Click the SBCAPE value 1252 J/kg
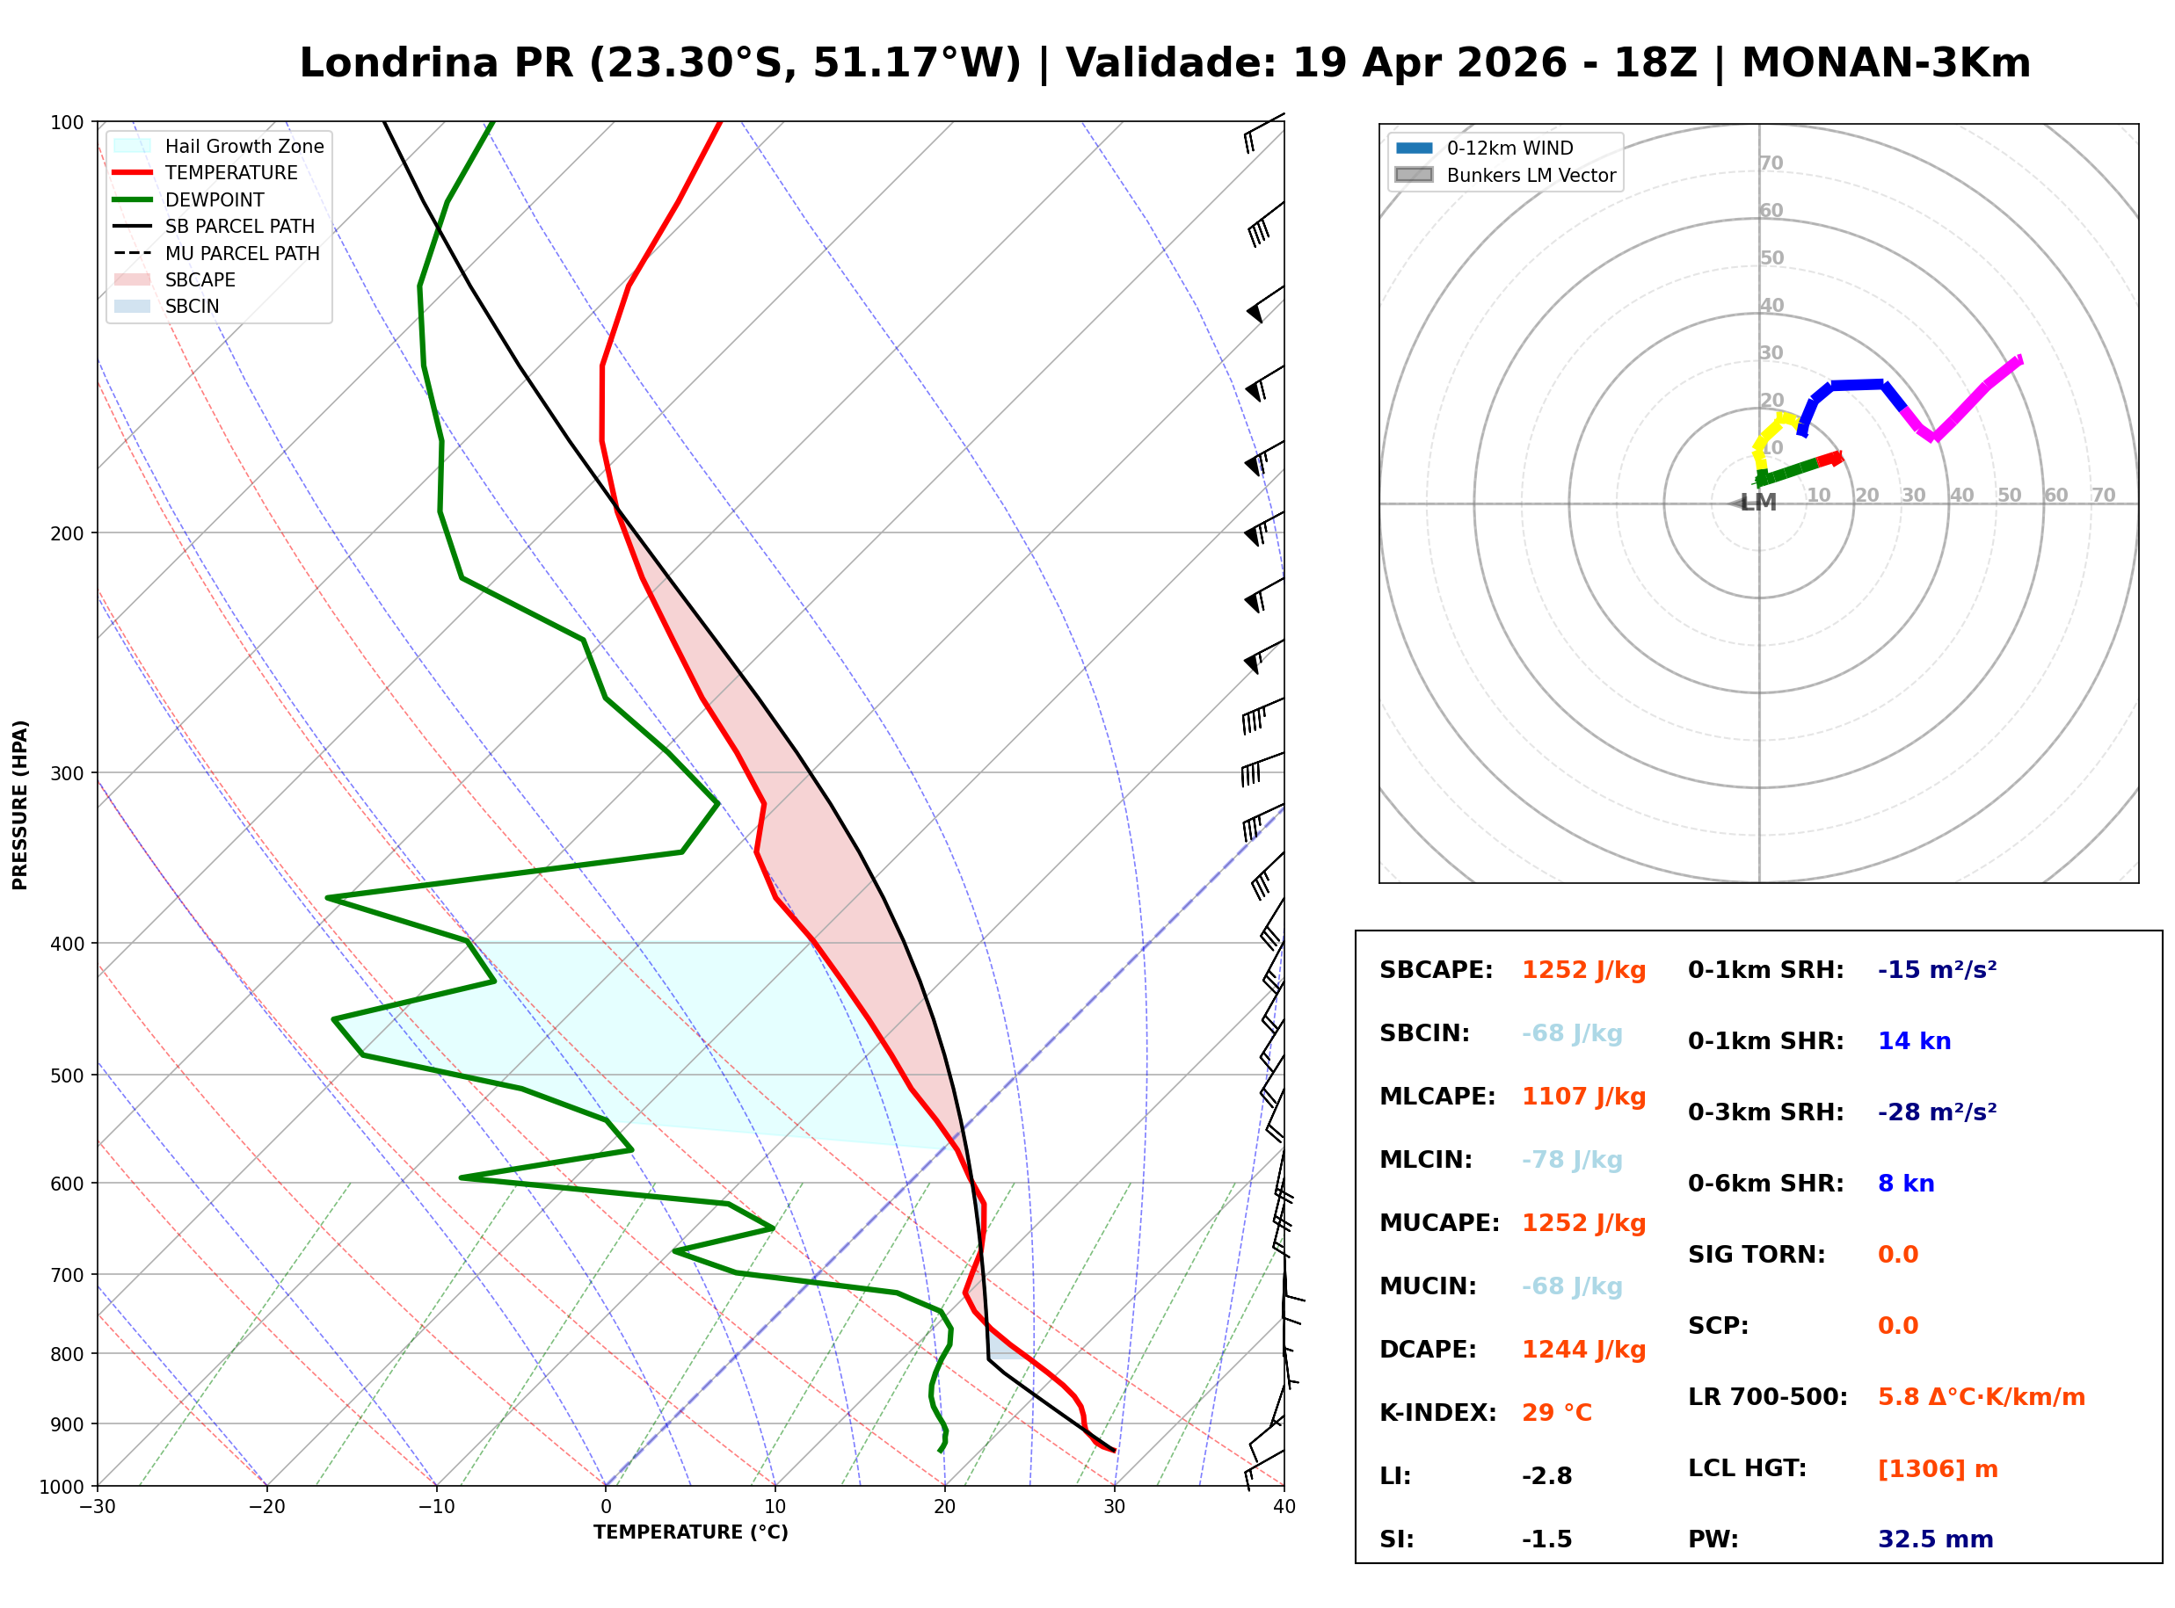point(1583,970)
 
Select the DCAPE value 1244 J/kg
point(1583,1350)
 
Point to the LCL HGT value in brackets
point(1938,1469)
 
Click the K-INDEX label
point(1437,1413)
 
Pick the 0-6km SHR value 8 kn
point(1905,1184)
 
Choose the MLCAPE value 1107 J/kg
point(1583,1097)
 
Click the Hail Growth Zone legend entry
point(244,146)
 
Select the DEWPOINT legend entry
point(215,199)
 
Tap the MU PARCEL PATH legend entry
point(242,253)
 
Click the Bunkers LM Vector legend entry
point(1531,175)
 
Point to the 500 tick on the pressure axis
point(66,1076)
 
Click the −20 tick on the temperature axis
point(266,1507)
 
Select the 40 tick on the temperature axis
point(1284,1507)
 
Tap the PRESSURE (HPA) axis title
point(20,804)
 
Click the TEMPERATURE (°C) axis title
point(690,1533)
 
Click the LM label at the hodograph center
point(1758,503)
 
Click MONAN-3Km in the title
point(1885,63)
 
